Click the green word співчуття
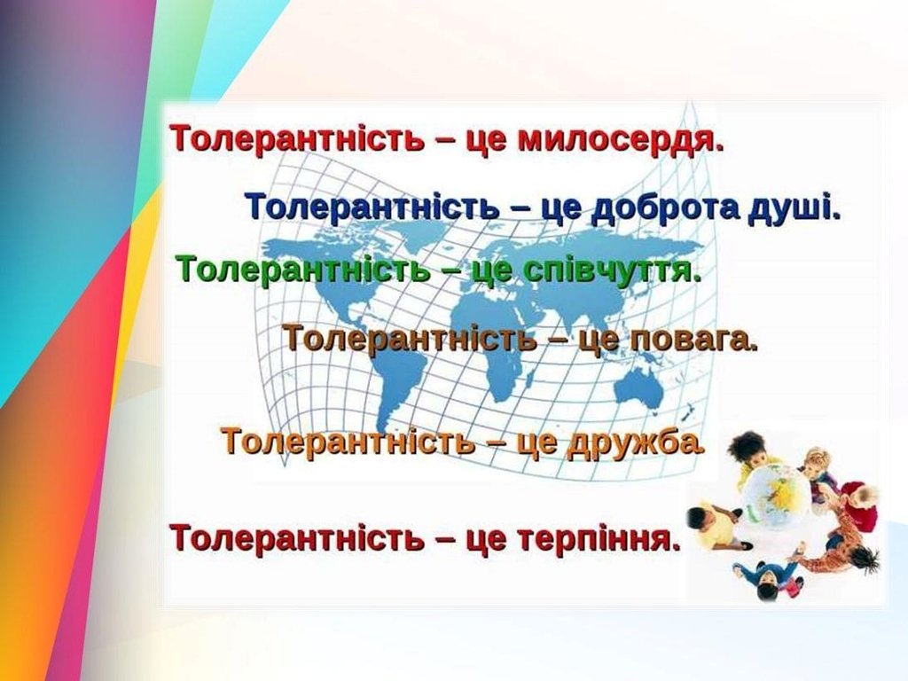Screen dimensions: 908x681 (612, 270)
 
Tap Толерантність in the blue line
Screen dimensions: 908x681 (373, 206)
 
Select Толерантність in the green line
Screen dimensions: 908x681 (305, 269)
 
